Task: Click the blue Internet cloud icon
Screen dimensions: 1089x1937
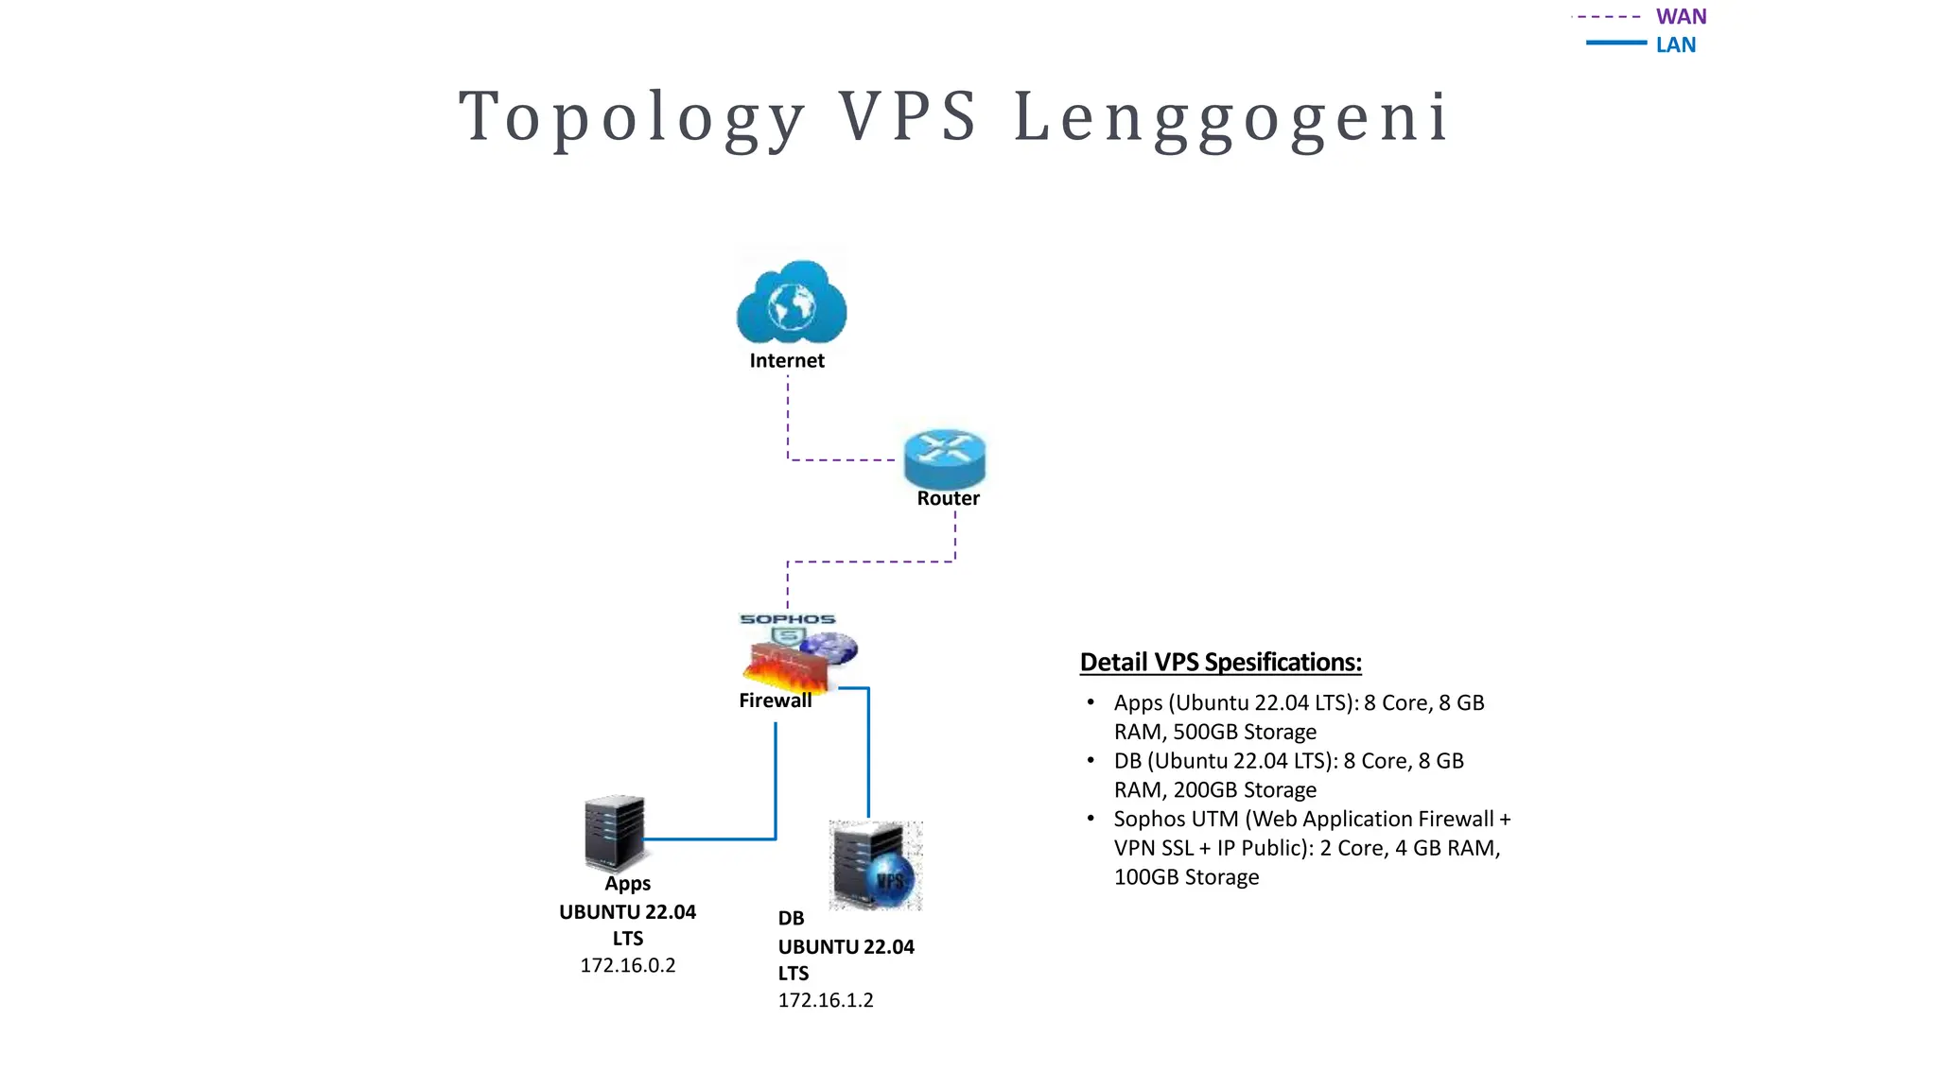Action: [792, 302]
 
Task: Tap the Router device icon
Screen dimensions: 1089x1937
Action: [944, 458]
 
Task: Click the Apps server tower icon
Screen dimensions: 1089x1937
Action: [615, 832]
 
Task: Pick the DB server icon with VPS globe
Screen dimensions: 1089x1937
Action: [875, 866]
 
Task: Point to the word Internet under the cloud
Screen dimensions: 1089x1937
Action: [787, 361]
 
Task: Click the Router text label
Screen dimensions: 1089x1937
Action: [948, 498]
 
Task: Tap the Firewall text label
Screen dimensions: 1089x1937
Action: [775, 700]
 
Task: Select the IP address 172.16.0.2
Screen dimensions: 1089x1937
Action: [628, 965]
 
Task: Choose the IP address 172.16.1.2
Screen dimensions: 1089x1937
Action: [826, 1000]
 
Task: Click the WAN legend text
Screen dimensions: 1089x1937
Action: [1681, 17]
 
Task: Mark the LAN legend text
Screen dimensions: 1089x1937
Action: [1675, 45]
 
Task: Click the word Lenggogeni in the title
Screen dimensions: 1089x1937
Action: [1231, 117]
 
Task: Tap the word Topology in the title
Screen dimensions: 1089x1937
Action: [632, 117]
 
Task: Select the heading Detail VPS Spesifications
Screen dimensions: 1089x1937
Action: [1220, 663]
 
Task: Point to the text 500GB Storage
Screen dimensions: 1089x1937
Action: [1245, 733]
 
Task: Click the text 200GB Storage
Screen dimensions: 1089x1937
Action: [1245, 790]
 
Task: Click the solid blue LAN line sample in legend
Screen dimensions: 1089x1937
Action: [1615, 43]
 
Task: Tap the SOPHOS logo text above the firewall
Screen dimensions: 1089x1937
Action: [787, 619]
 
